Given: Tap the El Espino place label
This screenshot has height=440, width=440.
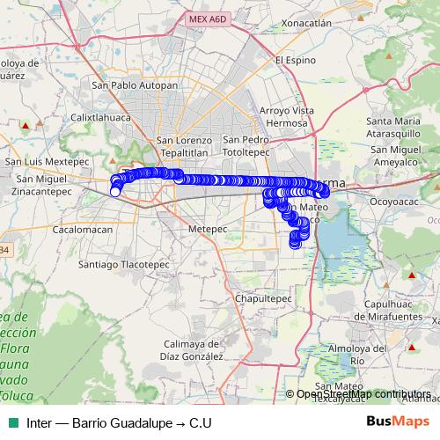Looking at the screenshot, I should [296, 61].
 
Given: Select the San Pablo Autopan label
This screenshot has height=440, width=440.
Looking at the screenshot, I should [136, 86].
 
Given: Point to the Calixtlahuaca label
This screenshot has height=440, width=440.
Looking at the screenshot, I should [101, 116].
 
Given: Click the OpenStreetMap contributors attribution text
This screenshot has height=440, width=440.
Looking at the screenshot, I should [363, 394].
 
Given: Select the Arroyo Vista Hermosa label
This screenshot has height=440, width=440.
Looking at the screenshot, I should [288, 117].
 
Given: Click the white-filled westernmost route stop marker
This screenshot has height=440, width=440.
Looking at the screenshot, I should [115, 192].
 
